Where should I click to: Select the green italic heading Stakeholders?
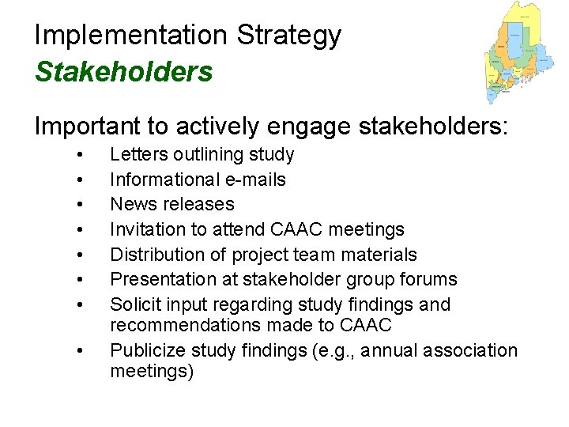124,72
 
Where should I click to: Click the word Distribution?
155,255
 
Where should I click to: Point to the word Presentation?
159,279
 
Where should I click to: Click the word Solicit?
136,304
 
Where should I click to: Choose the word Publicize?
145,350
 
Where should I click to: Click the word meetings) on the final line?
152,371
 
